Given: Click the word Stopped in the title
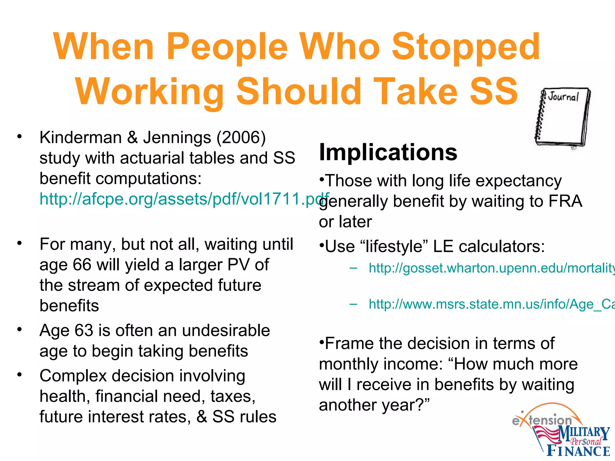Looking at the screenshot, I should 466,47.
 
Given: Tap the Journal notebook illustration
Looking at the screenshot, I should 562,118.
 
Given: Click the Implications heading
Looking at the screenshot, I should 388,152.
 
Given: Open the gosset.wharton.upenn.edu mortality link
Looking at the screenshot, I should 491,268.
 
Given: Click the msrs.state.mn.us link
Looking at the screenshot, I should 491,304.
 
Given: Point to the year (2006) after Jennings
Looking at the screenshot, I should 241,138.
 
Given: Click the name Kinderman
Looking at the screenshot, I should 80,137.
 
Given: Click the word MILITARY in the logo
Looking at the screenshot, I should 584,434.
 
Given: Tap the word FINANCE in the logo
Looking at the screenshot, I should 578,451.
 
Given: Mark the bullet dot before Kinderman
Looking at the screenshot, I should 20,137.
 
